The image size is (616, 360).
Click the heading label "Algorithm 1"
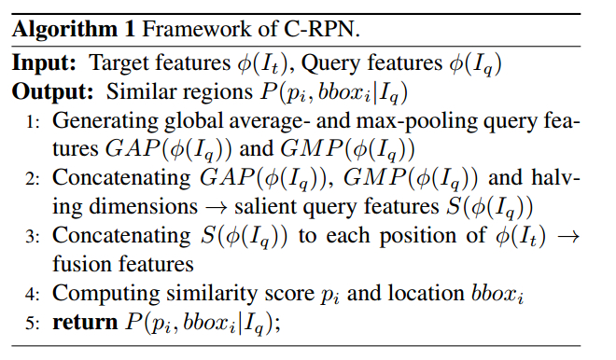pos(72,28)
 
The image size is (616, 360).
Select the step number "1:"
pos(33,121)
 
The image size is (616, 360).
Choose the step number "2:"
pos(33,178)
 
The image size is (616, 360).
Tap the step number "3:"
pos(33,236)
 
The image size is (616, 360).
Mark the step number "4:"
pos(33,294)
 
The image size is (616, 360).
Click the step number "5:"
pos(33,323)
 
